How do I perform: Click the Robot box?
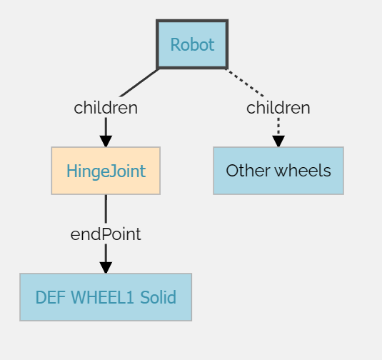point(192,44)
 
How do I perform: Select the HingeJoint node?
point(106,171)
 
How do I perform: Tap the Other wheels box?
point(278,171)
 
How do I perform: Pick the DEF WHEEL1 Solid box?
point(106,297)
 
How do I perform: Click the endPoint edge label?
point(106,234)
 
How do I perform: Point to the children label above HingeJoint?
point(106,108)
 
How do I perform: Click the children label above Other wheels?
point(278,108)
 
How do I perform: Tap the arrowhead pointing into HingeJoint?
point(106,141)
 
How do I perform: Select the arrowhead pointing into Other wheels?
point(278,141)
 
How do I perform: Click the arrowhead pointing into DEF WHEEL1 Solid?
point(106,268)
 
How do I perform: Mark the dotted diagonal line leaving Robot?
point(245,83)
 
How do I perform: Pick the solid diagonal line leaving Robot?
point(139,83)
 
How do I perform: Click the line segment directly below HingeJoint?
point(106,209)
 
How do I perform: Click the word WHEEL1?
point(102,297)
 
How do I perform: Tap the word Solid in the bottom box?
point(158,297)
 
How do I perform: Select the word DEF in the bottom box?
point(51,297)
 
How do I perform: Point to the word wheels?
point(303,171)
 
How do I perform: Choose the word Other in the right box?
point(248,171)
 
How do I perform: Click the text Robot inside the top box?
point(192,44)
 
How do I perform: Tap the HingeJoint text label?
point(106,171)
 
